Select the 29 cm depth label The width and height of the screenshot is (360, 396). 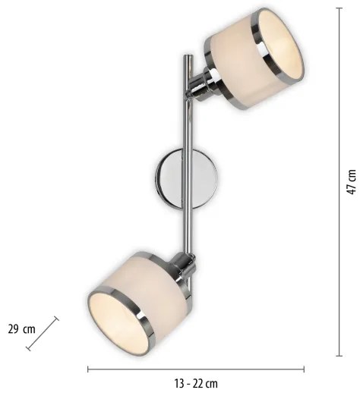pos(21,329)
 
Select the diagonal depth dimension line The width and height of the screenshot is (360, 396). pos(43,333)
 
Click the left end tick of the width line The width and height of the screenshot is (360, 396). pos(87,369)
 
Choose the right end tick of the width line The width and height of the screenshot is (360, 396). pos(303,369)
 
